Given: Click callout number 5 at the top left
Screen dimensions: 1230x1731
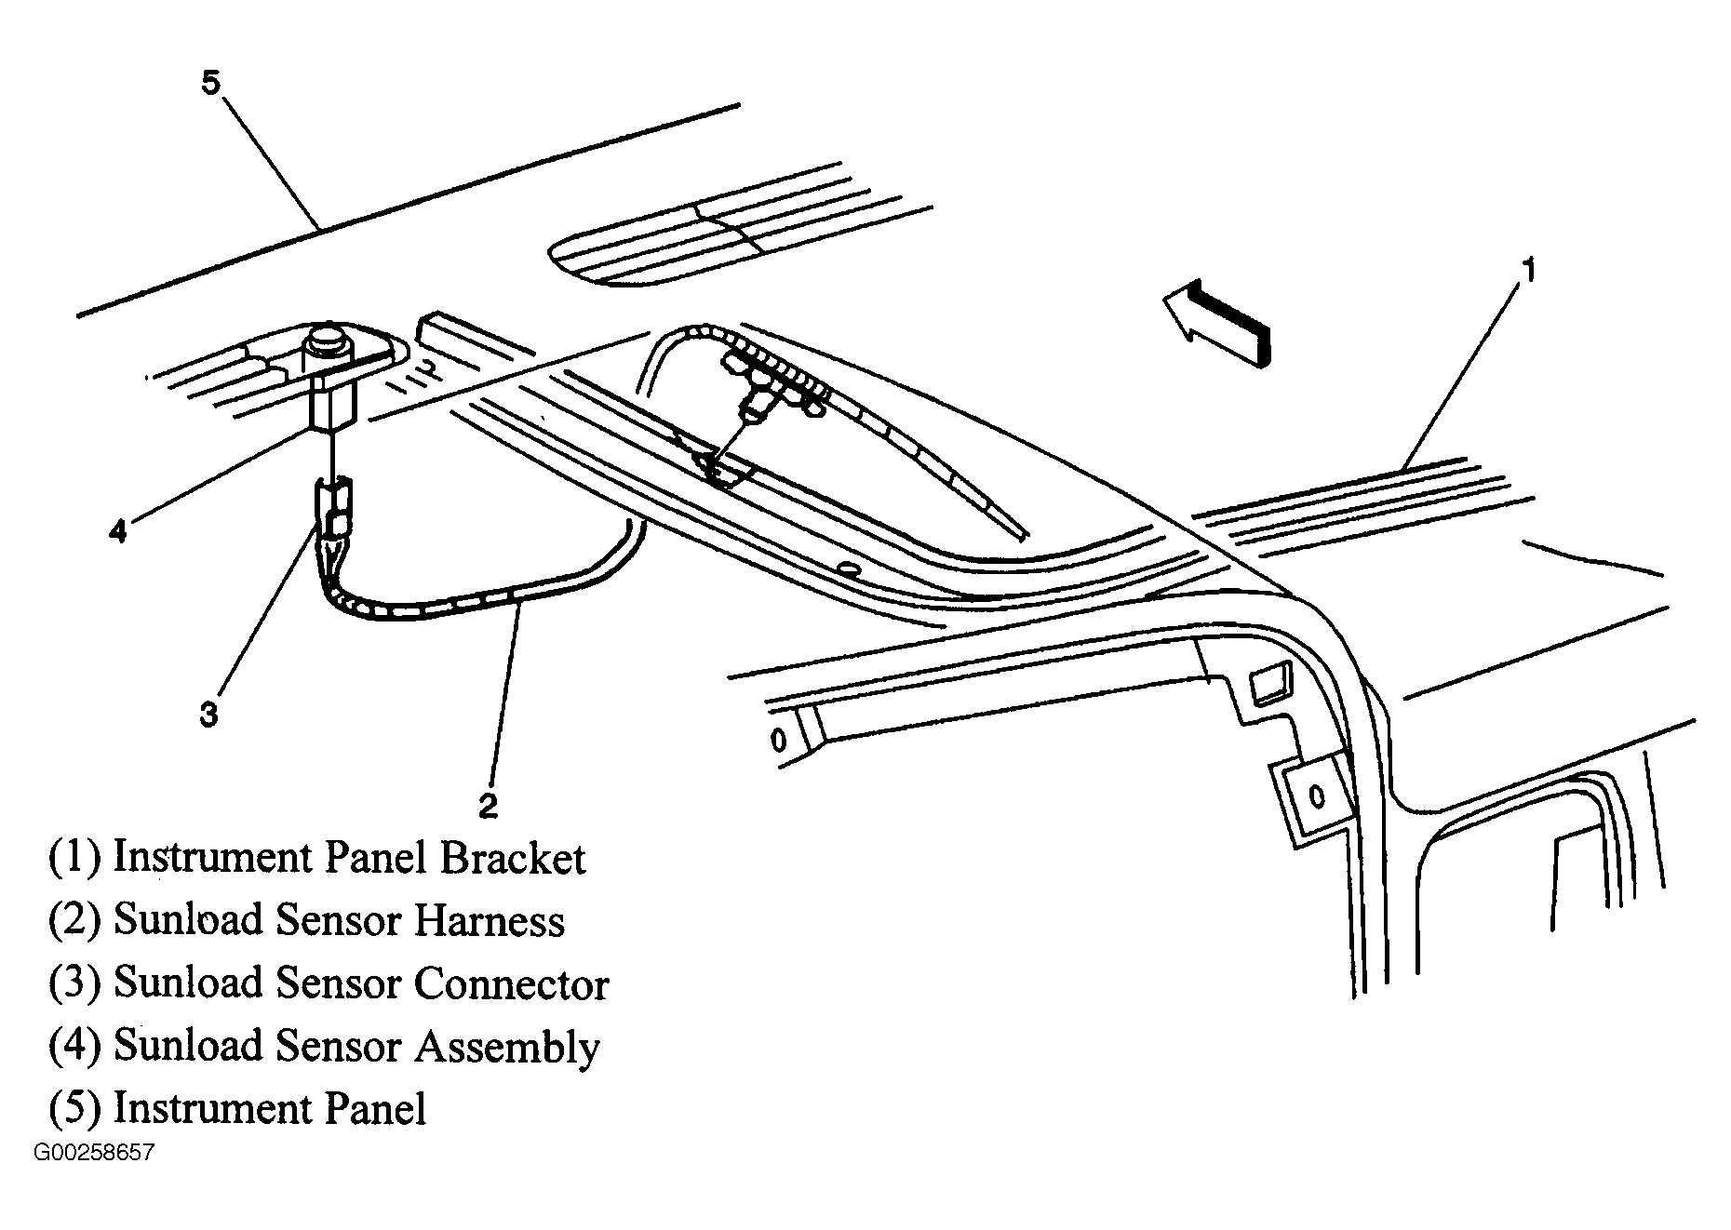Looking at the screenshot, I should click(211, 83).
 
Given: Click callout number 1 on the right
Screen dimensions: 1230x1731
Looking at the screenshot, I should click(1527, 271).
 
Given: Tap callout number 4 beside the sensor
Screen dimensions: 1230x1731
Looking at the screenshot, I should click(117, 531).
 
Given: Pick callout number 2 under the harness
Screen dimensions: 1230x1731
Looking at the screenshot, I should click(488, 805).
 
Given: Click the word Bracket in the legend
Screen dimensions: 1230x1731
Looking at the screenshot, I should click(513, 858).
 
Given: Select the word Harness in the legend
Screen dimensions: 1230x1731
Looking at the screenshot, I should click(489, 921).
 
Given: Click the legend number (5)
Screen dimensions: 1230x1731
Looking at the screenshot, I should click(74, 1109).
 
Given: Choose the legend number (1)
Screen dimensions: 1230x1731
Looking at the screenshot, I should click(74, 858).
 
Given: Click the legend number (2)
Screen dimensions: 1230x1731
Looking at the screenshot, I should click(74, 921).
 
